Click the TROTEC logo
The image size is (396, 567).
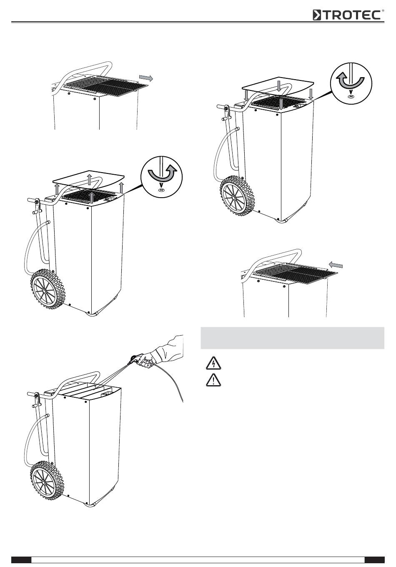[348, 15]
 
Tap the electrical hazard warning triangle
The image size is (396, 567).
[213, 364]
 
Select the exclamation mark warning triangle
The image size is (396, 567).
[213, 380]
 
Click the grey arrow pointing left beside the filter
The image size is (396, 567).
[336, 265]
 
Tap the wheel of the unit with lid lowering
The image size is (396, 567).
[237, 196]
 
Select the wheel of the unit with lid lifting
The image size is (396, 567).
[48, 289]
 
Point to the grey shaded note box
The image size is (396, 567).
[293, 338]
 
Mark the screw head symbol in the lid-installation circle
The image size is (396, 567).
[351, 96]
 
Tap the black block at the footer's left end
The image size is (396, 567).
[21, 559]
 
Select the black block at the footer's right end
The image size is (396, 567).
[374, 559]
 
